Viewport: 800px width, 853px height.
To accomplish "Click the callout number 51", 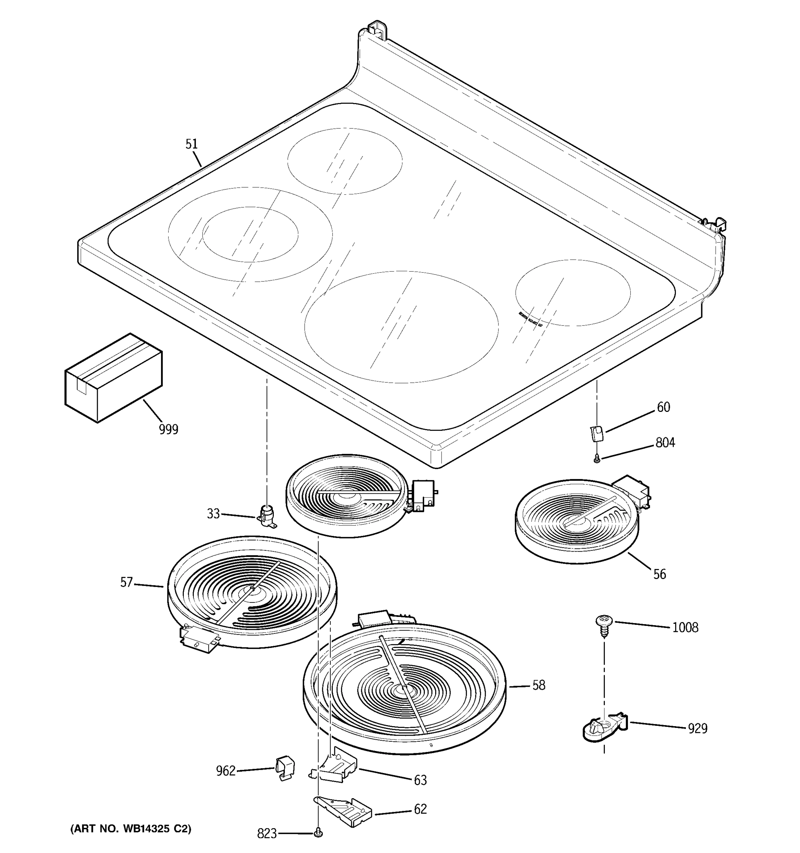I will click(191, 144).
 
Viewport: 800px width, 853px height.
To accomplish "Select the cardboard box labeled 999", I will click(113, 377).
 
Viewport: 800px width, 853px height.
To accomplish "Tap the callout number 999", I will click(168, 429).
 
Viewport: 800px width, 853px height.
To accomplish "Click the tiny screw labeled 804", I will click(597, 460).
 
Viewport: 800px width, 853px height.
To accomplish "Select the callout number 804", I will click(665, 442).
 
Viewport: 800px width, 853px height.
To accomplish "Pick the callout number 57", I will click(126, 583).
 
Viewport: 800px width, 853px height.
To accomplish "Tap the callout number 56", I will click(659, 574).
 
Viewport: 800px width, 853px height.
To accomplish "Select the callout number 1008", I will click(685, 628).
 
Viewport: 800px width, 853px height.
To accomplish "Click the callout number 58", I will click(539, 685).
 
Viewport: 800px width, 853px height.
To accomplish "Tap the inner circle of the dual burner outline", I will click(250, 234).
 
